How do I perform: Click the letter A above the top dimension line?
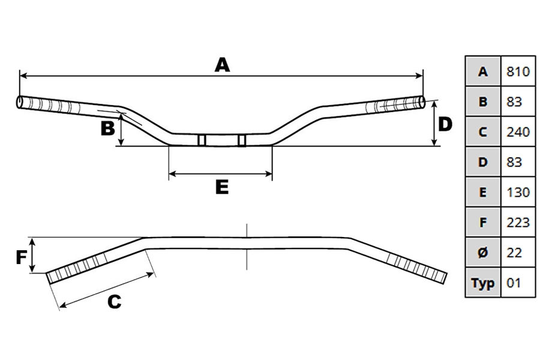tap(222, 65)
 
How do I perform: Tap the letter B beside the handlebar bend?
tap(107, 128)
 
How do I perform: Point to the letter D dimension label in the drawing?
tap(445, 124)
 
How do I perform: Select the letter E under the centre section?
tap(222, 187)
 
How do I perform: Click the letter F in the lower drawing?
tap(21, 257)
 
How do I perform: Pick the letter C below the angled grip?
tap(115, 302)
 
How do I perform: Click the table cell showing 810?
tap(518, 71)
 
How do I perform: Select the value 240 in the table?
tap(518, 132)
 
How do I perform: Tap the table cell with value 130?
tap(518, 192)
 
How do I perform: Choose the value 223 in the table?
tap(518, 223)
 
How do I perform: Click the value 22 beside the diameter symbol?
tap(514, 253)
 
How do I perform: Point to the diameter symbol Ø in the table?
tap(483, 253)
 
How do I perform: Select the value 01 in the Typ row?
tap(514, 283)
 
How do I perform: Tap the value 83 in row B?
tap(514, 102)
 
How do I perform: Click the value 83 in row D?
tap(514, 162)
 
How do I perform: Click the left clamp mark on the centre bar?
tap(202, 140)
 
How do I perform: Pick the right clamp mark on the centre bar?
tap(242, 140)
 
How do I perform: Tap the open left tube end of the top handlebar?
tap(20, 102)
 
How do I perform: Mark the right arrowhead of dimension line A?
tap(419, 76)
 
